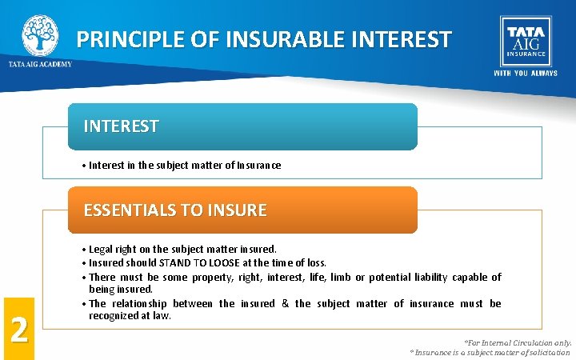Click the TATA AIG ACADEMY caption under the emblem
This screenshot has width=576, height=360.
coord(40,64)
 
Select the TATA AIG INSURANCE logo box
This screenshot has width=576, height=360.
coord(525,40)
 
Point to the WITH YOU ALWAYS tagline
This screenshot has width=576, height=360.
coord(525,74)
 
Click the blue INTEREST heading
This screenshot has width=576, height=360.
coord(122,126)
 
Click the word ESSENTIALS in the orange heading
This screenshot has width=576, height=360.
coord(131,210)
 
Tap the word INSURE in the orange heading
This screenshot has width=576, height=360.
coord(235,210)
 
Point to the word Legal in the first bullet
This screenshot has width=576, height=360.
coord(102,250)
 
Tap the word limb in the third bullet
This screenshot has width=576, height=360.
coord(334,278)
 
